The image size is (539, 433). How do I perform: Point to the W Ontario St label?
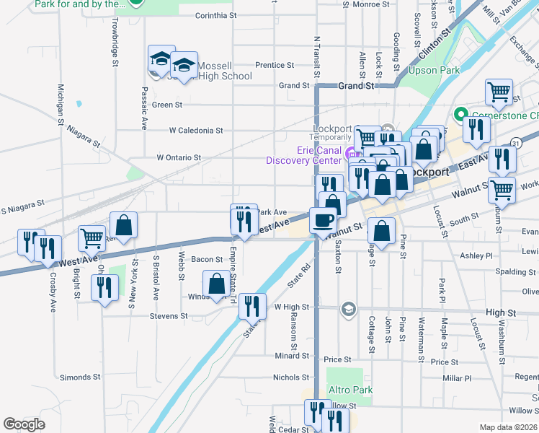click(179, 157)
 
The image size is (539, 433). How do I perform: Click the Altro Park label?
click(350, 390)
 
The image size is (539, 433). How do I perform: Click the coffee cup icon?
click(322, 219)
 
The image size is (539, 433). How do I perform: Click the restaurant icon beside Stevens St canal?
click(251, 306)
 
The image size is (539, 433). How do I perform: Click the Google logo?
click(24, 424)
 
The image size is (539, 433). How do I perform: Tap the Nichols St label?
click(290, 377)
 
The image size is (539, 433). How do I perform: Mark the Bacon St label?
click(207, 259)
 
